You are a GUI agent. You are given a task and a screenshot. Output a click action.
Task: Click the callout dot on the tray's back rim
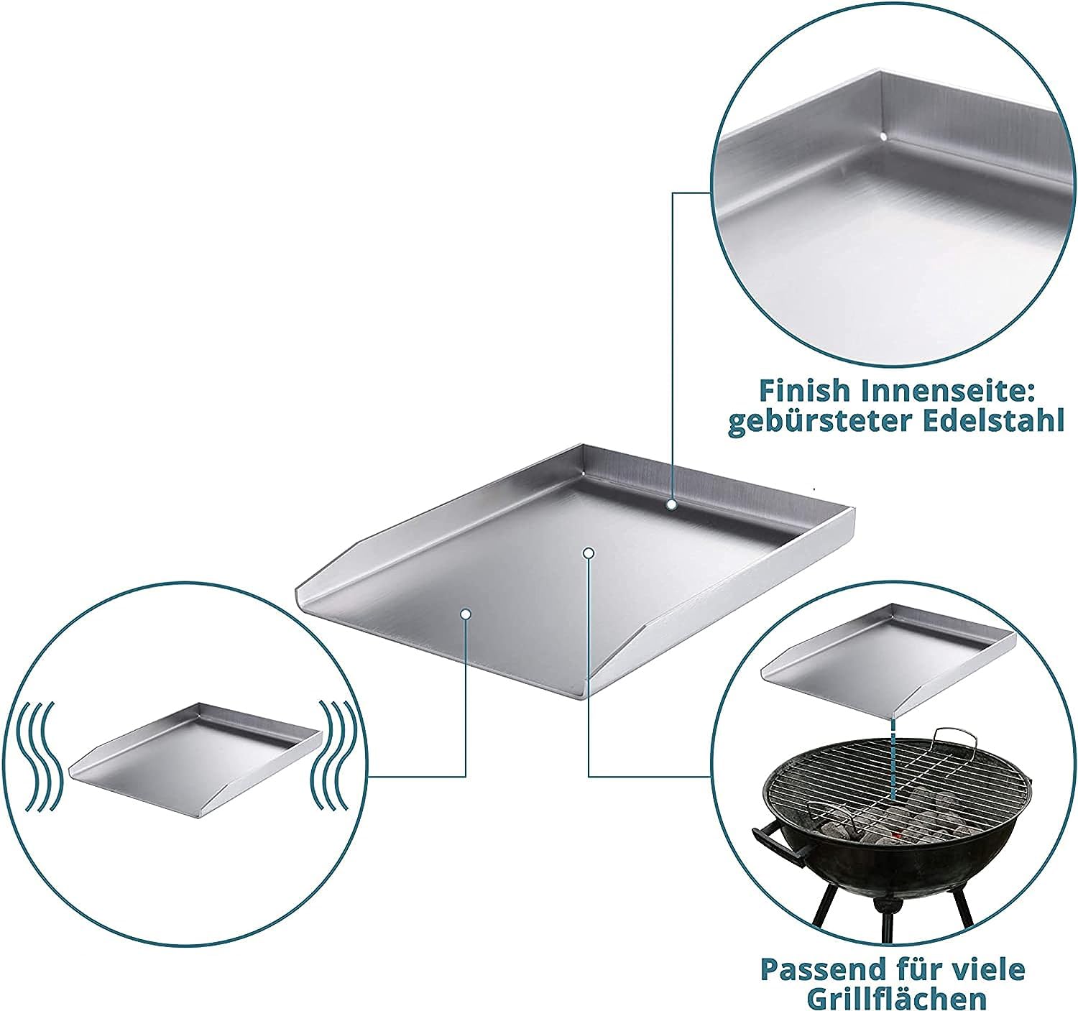pos(671,504)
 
